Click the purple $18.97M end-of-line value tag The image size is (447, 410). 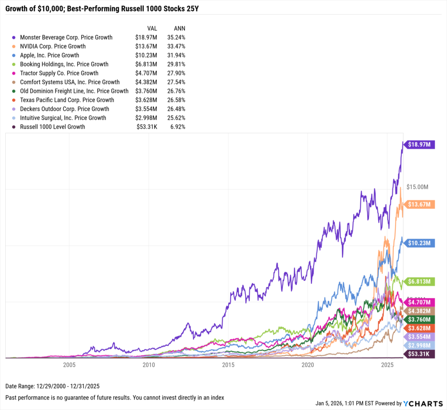pos(420,145)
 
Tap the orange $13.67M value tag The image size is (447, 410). pos(420,204)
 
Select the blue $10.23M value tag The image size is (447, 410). pos(420,243)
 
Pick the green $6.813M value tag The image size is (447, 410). pos(420,282)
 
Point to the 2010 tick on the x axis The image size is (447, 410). pos(149,364)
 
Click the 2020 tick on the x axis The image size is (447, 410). pos(308,364)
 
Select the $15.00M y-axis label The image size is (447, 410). pos(417,187)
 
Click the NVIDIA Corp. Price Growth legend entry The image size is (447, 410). pos(53,46)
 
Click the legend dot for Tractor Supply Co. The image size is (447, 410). pos(14,73)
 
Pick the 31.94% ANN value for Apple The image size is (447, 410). pos(176,55)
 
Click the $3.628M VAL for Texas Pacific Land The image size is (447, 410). pos(147,100)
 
